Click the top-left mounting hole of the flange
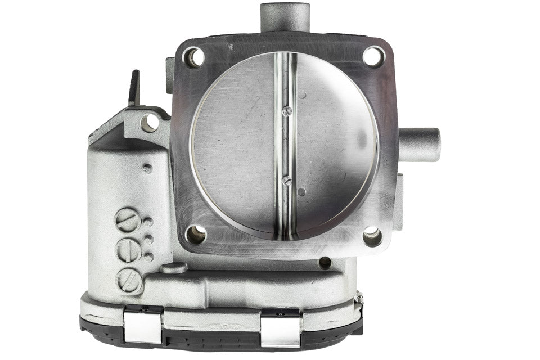(194, 57)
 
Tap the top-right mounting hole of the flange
(373, 56)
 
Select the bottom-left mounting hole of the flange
(196, 234)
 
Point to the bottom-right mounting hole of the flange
(372, 236)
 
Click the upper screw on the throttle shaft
(286, 111)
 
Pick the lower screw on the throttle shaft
(286, 180)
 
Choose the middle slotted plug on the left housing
(129, 250)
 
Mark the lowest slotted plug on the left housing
(129, 280)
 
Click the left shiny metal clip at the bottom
(143, 327)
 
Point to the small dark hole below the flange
(325, 262)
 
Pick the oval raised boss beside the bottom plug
(173, 268)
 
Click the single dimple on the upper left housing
(147, 168)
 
